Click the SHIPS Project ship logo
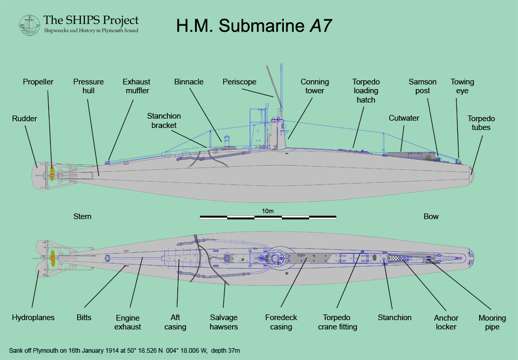click(x=30, y=25)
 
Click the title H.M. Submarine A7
click(x=254, y=26)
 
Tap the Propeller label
click(x=38, y=82)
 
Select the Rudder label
click(x=25, y=119)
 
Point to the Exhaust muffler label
click(x=136, y=86)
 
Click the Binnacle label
click(x=189, y=82)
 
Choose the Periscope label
click(x=239, y=82)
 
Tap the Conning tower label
click(x=315, y=86)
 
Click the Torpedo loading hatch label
click(x=366, y=91)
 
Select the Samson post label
click(x=423, y=86)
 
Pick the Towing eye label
click(x=462, y=86)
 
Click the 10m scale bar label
click(x=268, y=211)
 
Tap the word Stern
click(x=82, y=217)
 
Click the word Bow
click(x=431, y=217)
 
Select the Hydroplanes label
click(x=33, y=318)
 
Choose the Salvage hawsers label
click(x=224, y=322)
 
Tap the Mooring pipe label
click(x=488, y=322)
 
